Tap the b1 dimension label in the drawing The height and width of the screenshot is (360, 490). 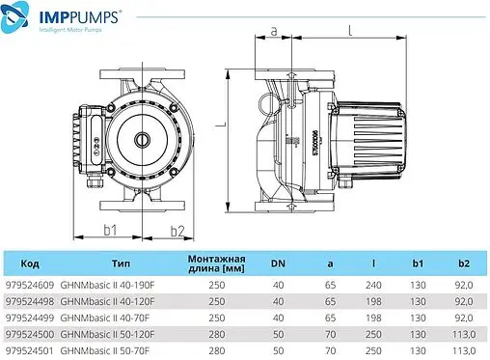coord(109,230)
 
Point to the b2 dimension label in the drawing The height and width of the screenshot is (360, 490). coord(177,230)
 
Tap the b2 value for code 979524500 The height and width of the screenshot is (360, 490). coord(461,333)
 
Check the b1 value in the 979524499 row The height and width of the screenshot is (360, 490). coord(418,318)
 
